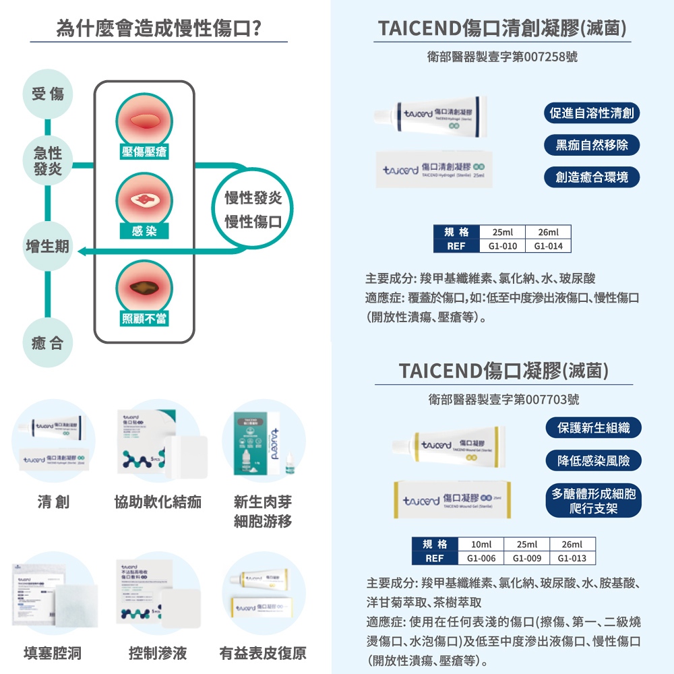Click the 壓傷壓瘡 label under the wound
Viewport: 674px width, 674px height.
coord(144,153)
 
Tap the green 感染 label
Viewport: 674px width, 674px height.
coord(144,231)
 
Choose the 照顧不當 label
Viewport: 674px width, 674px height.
coord(144,318)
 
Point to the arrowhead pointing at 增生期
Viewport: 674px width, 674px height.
coord(82,251)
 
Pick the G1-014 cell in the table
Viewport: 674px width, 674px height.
coord(548,246)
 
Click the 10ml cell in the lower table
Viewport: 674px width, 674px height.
coord(481,545)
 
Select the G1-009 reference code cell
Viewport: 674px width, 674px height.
coord(527,558)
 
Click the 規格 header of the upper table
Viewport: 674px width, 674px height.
coord(456,233)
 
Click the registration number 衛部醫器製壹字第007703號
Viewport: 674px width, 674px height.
coord(503,400)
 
